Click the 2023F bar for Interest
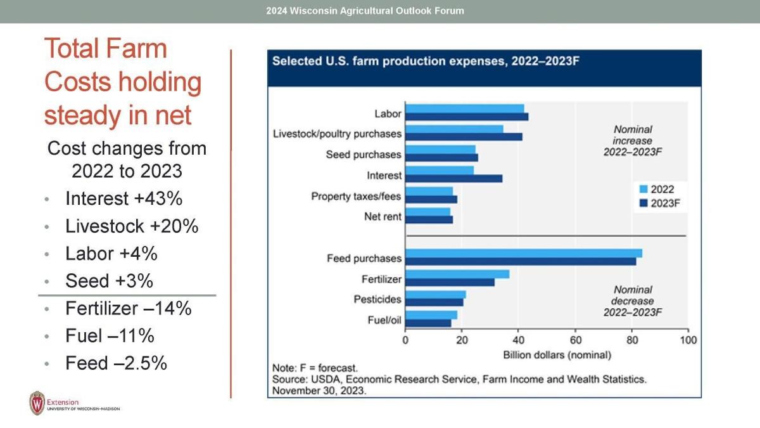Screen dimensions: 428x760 pyautogui.click(x=453, y=178)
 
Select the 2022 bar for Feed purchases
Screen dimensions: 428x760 pyautogui.click(x=523, y=253)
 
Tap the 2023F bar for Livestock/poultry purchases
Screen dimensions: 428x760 pyautogui.click(x=464, y=136)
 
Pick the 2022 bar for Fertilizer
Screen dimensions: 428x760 pyautogui.click(x=457, y=274)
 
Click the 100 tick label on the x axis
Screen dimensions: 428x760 pyautogui.click(x=688, y=340)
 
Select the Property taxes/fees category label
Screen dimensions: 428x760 pyautogui.click(x=356, y=197)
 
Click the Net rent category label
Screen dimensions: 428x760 pyautogui.click(x=383, y=217)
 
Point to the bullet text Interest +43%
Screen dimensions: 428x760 pyautogui.click(x=124, y=198)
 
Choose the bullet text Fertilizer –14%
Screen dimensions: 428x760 pyautogui.click(x=128, y=309)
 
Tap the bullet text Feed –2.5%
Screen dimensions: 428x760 pyautogui.click(x=116, y=363)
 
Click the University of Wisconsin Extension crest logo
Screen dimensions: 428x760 pyautogui.click(x=37, y=403)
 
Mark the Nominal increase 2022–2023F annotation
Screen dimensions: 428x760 pyautogui.click(x=632, y=141)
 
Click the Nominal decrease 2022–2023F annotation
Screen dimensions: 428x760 pyautogui.click(x=632, y=301)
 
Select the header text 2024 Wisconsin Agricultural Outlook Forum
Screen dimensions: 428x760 pyautogui.click(x=365, y=11)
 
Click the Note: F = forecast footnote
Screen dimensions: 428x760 pyautogui.click(x=315, y=368)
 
